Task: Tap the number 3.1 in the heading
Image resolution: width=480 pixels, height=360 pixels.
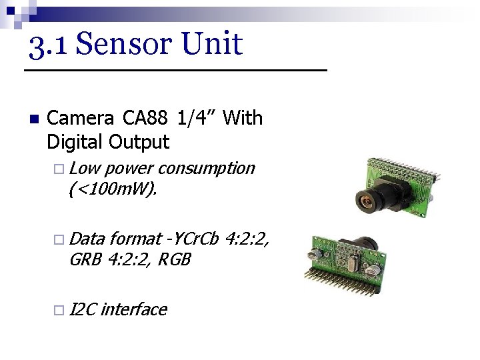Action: coord(47,44)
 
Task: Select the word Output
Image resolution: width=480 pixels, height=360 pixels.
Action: coord(140,142)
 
